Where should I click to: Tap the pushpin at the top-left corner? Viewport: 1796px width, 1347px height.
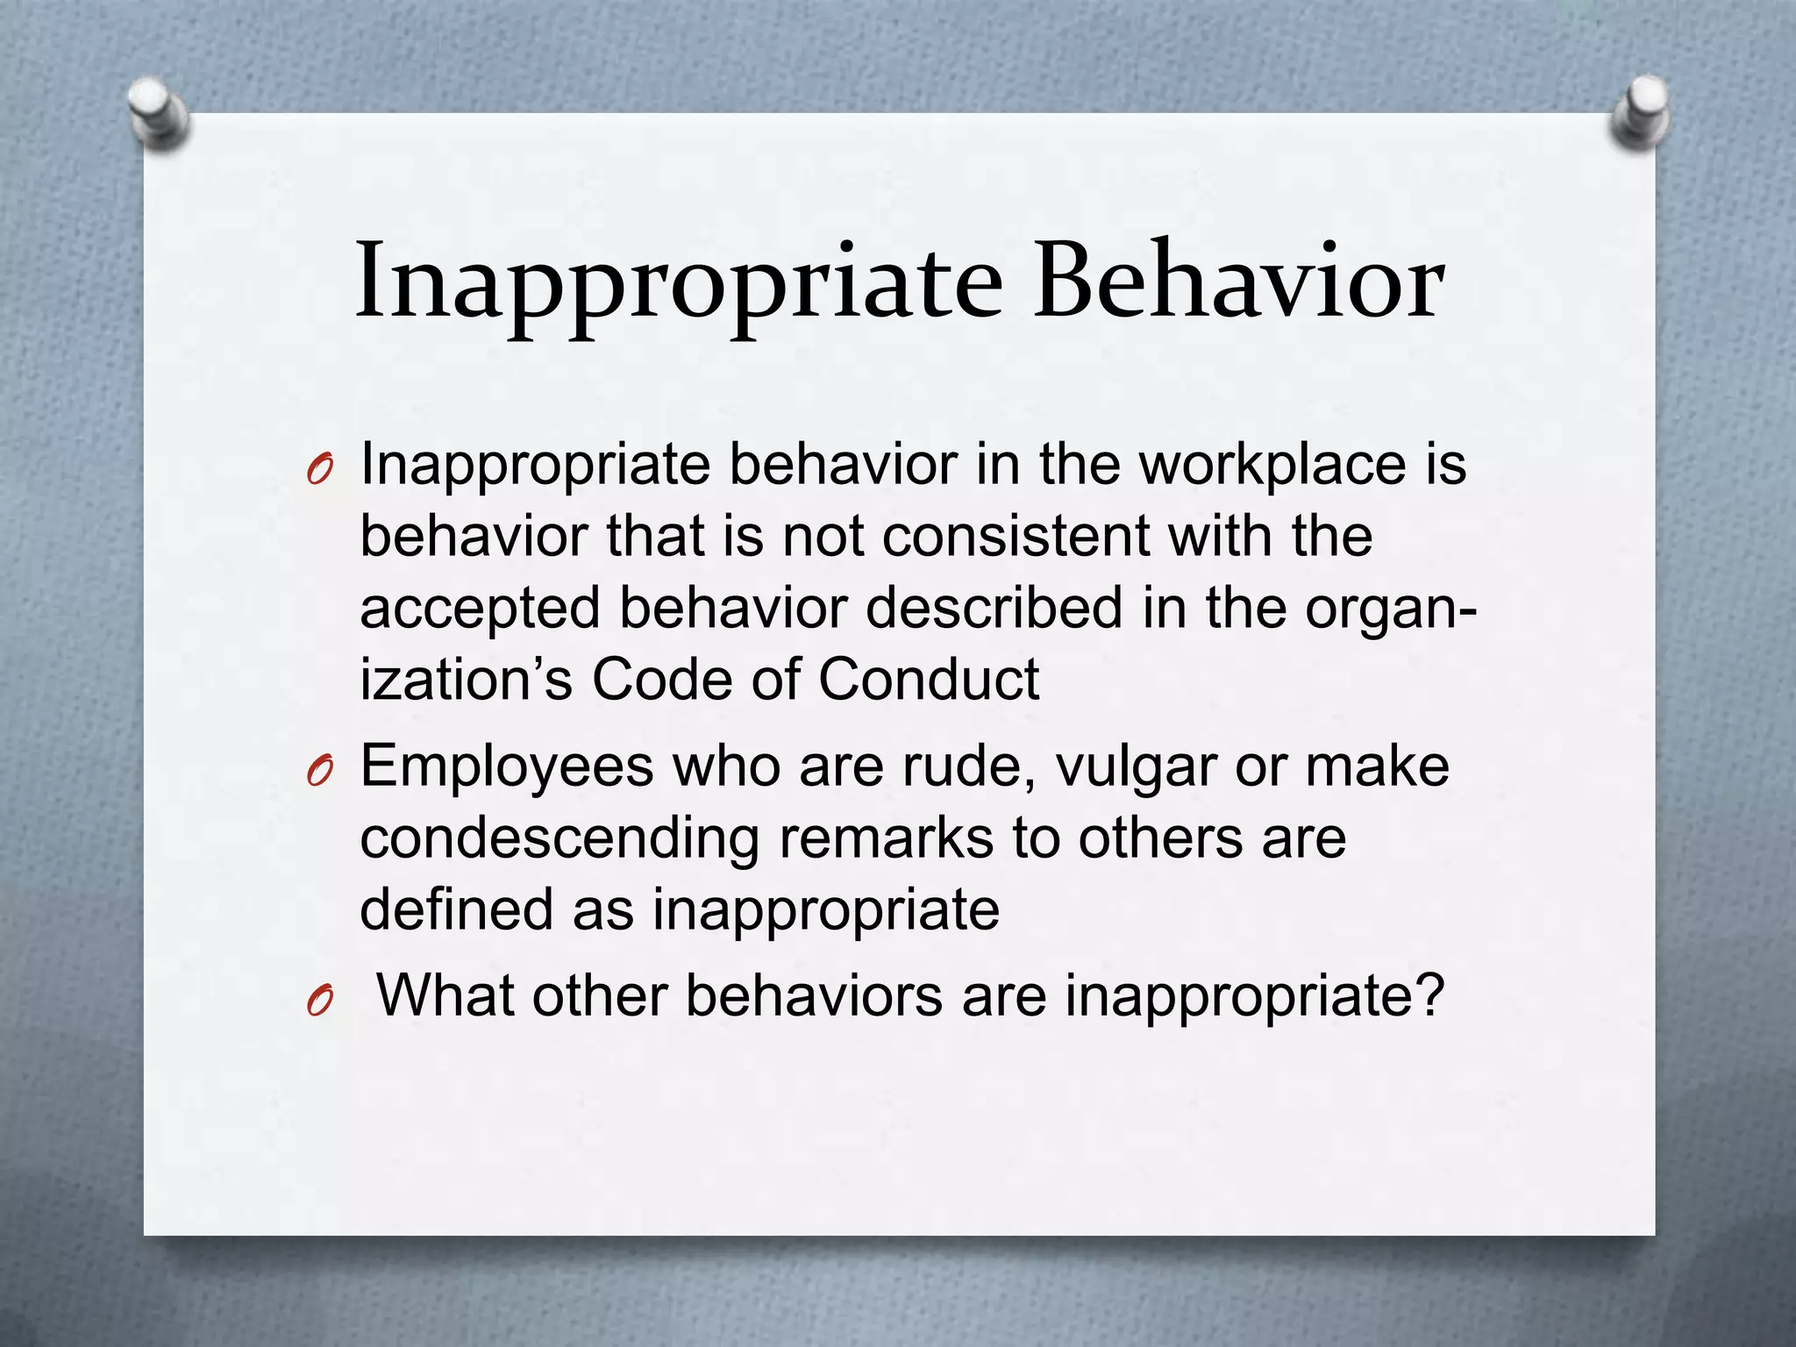click(158, 113)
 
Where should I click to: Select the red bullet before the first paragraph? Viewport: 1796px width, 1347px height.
click(320, 472)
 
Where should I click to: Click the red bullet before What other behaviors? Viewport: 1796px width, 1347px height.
click(320, 1001)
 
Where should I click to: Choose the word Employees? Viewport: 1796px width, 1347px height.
click(507, 766)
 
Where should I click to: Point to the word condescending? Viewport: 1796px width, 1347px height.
click(559, 838)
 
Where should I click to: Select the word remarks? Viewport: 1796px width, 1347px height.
click(886, 838)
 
